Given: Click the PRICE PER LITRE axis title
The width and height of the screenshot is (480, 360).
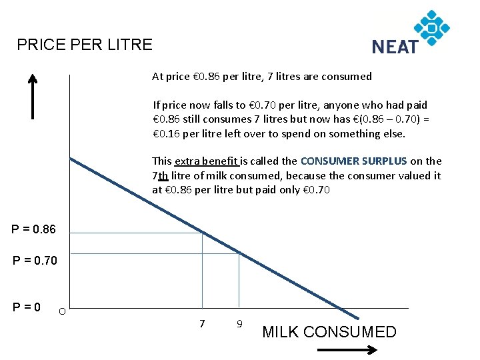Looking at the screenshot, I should coord(85,45).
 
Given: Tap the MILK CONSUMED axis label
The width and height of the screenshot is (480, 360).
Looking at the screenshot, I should coord(329,332).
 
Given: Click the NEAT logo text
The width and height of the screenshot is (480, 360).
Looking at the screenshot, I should coord(395,47).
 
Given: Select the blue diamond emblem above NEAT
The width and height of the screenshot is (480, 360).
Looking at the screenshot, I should coord(432,27).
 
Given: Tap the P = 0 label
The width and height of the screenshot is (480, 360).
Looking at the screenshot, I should coord(27,307).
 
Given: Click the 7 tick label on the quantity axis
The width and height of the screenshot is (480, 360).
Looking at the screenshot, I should coord(202,323).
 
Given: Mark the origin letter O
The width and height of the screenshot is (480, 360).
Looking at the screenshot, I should coord(61,311).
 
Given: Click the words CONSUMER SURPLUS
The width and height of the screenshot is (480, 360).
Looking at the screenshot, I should coord(353,161).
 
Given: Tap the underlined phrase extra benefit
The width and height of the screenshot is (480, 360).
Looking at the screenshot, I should coord(207,161).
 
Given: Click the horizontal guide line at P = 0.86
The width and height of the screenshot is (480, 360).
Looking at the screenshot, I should coord(133,233).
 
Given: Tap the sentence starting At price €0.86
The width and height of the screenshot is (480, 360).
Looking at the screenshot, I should coord(262,76).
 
